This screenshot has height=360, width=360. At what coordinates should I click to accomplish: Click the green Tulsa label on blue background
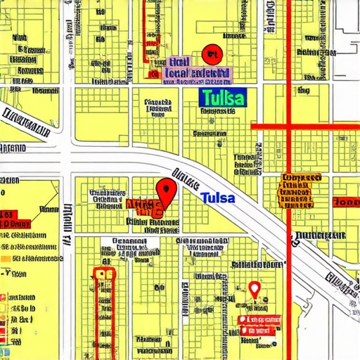(x=223, y=97)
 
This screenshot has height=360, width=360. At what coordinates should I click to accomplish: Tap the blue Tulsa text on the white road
(x=217, y=198)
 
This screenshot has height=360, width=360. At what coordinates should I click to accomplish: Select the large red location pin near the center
(x=165, y=190)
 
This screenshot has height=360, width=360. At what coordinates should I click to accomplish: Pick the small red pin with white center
(x=255, y=289)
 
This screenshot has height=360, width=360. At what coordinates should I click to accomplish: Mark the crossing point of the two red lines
(x=289, y=127)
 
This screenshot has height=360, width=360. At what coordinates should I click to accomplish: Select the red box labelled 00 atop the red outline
(x=104, y=274)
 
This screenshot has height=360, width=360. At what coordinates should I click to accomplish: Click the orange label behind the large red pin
(x=143, y=206)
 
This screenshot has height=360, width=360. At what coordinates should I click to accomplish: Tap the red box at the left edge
(x=7, y=215)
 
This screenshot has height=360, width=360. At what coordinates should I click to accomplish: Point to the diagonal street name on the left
(x=25, y=121)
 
